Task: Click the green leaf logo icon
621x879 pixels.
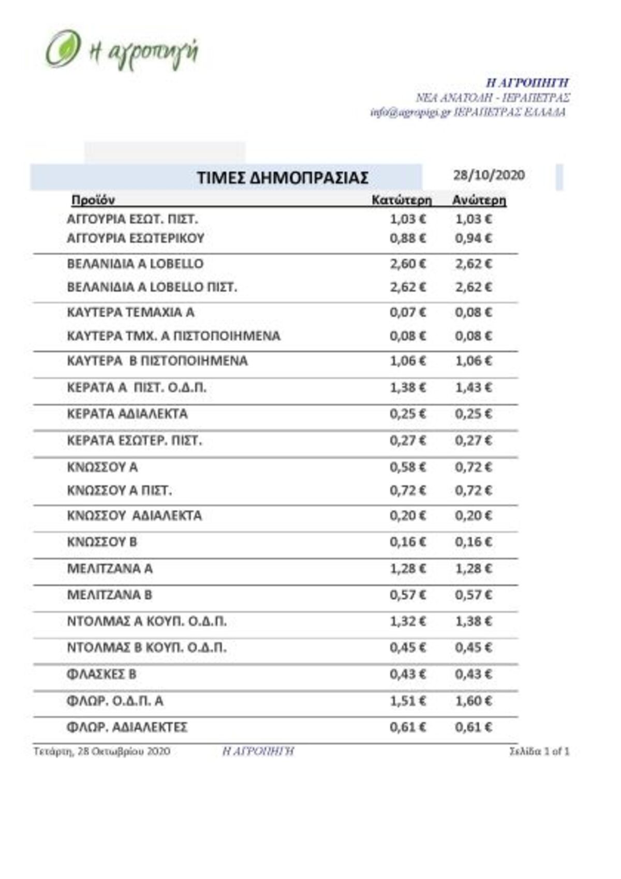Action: (x=63, y=49)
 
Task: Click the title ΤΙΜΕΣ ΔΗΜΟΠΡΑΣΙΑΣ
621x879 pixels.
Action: (x=283, y=178)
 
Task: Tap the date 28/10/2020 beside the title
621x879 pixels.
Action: (x=489, y=175)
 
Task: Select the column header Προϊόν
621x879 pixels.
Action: (x=93, y=200)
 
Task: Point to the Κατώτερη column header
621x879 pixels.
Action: (x=402, y=200)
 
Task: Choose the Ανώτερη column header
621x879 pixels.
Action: (x=479, y=200)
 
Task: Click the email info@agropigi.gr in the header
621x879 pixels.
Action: (x=410, y=112)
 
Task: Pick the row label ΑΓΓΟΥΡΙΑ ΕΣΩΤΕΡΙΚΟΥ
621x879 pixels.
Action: (x=136, y=238)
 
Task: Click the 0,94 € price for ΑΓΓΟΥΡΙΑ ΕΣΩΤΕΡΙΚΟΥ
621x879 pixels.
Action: (x=474, y=238)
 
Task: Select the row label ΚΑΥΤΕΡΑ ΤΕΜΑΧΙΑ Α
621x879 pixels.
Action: (x=131, y=312)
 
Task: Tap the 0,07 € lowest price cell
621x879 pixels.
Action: (x=408, y=312)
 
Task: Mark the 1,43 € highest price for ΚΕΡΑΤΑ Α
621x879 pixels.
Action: (x=474, y=387)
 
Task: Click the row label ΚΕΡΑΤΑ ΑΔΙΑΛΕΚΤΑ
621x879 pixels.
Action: (x=127, y=414)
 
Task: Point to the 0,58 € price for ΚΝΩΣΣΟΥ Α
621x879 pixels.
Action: (x=408, y=467)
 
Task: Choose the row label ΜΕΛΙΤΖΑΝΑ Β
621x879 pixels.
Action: (x=110, y=595)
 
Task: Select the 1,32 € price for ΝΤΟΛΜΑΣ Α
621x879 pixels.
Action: (x=408, y=621)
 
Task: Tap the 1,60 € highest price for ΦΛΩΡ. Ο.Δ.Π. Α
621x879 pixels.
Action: (x=474, y=701)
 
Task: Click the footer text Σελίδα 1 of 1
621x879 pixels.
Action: (x=539, y=751)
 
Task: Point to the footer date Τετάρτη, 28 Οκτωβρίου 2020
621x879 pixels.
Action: (x=102, y=751)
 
